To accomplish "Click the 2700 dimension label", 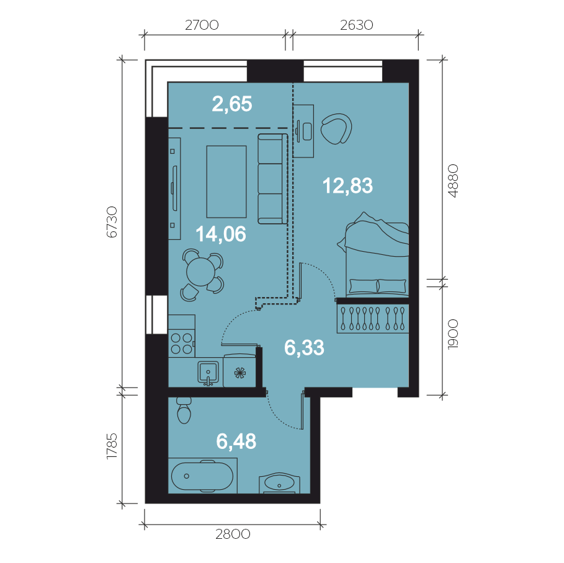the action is (202, 25).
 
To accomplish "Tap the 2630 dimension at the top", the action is (357, 25).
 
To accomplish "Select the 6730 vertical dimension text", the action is (112, 222).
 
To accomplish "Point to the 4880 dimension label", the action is (453, 181).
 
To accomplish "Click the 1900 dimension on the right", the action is (453, 334).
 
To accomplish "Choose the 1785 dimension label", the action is (112, 445).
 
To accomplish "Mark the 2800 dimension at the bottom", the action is (233, 534).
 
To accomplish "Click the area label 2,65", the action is (232, 104).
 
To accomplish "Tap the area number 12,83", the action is (347, 186).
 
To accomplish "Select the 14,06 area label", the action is (221, 234).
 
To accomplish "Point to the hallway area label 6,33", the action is (304, 348).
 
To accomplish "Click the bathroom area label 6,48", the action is (236, 441).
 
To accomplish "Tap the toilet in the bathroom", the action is (184, 410).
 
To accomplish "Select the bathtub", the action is (202, 476).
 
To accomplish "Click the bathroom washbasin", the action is (280, 483).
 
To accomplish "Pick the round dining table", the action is (200, 272).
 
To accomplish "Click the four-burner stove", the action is (182, 344).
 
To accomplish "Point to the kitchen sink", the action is (208, 373).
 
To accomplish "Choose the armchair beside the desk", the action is (336, 129).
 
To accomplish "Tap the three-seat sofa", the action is (272, 179).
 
